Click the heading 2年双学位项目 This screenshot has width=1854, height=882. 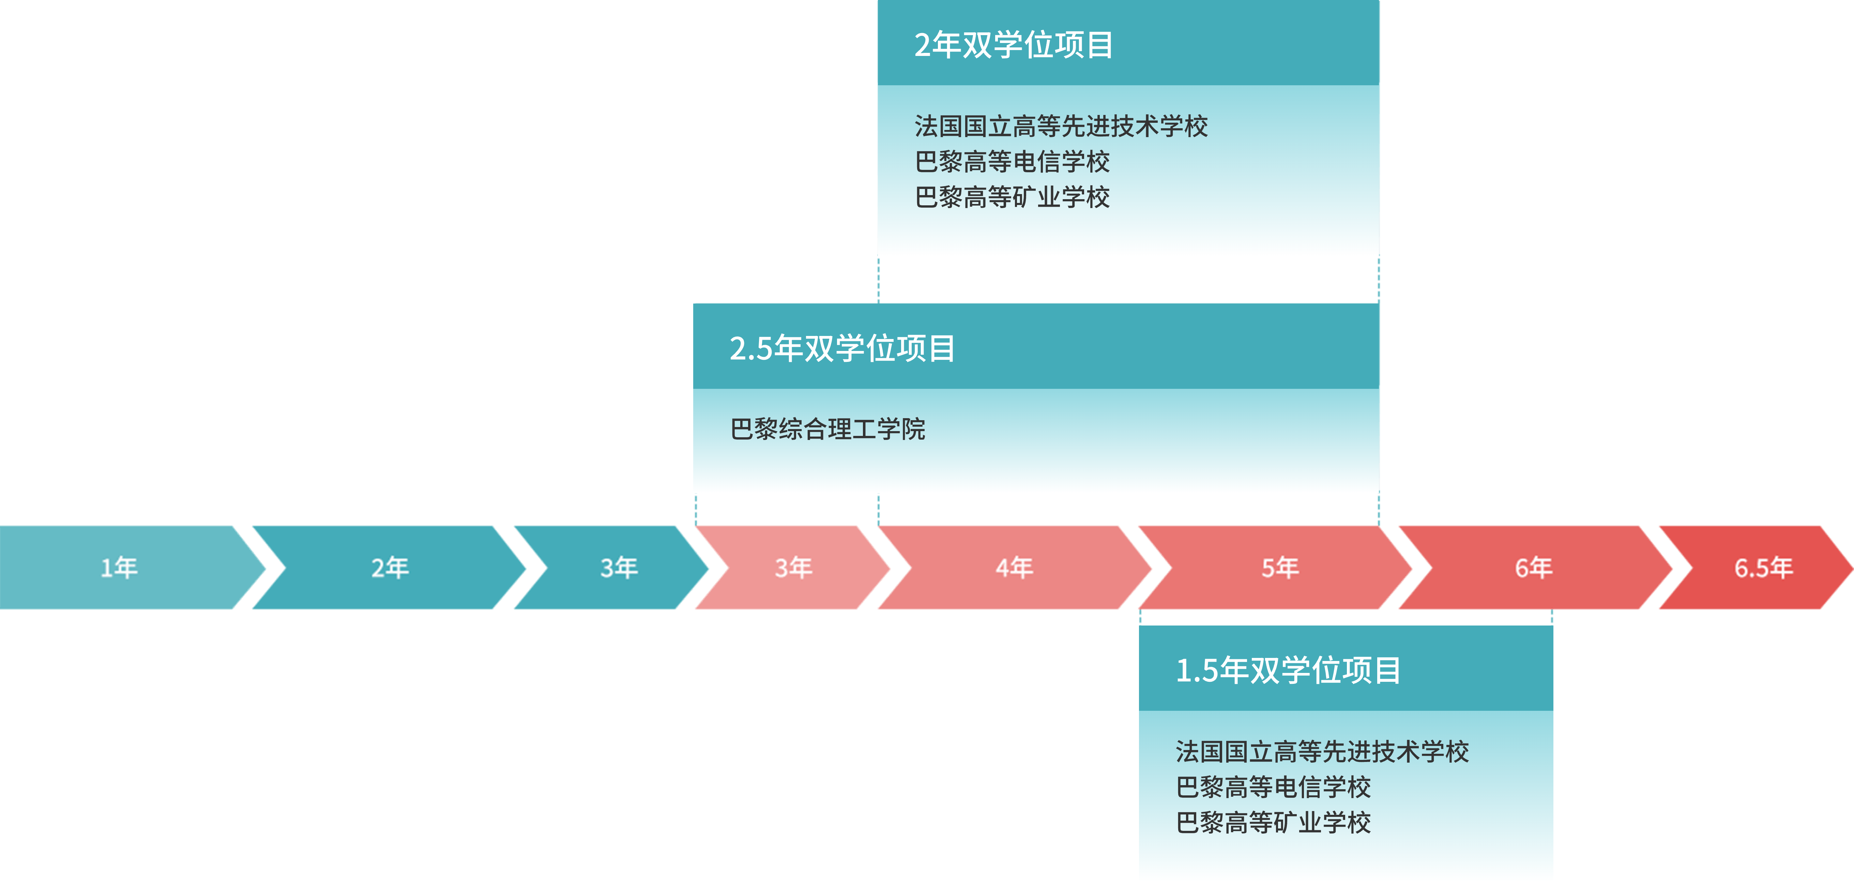click(x=1013, y=45)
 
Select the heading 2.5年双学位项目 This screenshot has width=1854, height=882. click(x=842, y=349)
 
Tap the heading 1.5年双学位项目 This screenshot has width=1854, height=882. click(x=1288, y=670)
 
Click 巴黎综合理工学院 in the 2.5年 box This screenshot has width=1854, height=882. click(x=828, y=429)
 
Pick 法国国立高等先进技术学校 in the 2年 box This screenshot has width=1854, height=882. click(x=1061, y=126)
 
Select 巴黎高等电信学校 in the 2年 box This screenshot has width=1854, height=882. click(x=1012, y=161)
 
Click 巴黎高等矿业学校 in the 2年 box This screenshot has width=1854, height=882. click(x=1012, y=196)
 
